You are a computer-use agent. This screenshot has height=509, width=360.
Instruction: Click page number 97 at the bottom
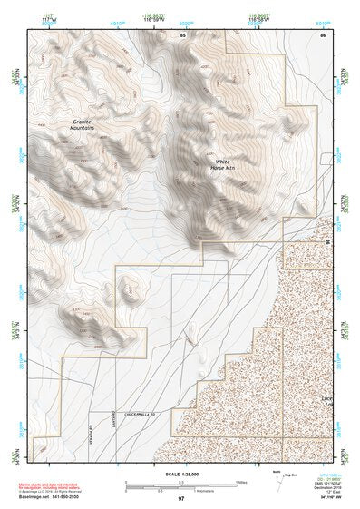180,498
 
